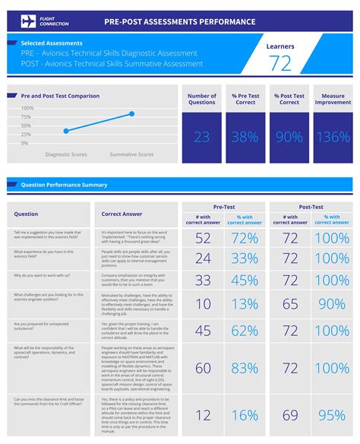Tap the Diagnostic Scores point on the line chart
[x=66, y=131]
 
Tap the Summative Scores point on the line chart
[x=131, y=114]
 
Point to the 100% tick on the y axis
[x=27, y=108]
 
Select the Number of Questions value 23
[x=202, y=137]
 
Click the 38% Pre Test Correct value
[x=245, y=137]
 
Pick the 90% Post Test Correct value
[x=289, y=137]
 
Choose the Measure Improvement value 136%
[x=333, y=137]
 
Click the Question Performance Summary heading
[x=64, y=185]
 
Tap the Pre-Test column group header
[x=223, y=207]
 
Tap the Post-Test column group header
[x=311, y=207]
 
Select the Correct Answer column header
[x=122, y=214]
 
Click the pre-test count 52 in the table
[x=203, y=238]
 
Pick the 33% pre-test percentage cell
[x=245, y=258]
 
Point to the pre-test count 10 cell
[x=203, y=304]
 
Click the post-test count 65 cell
[x=290, y=304]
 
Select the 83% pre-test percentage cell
[x=245, y=369]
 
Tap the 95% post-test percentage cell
[x=332, y=415]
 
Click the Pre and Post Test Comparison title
[x=60, y=96]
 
